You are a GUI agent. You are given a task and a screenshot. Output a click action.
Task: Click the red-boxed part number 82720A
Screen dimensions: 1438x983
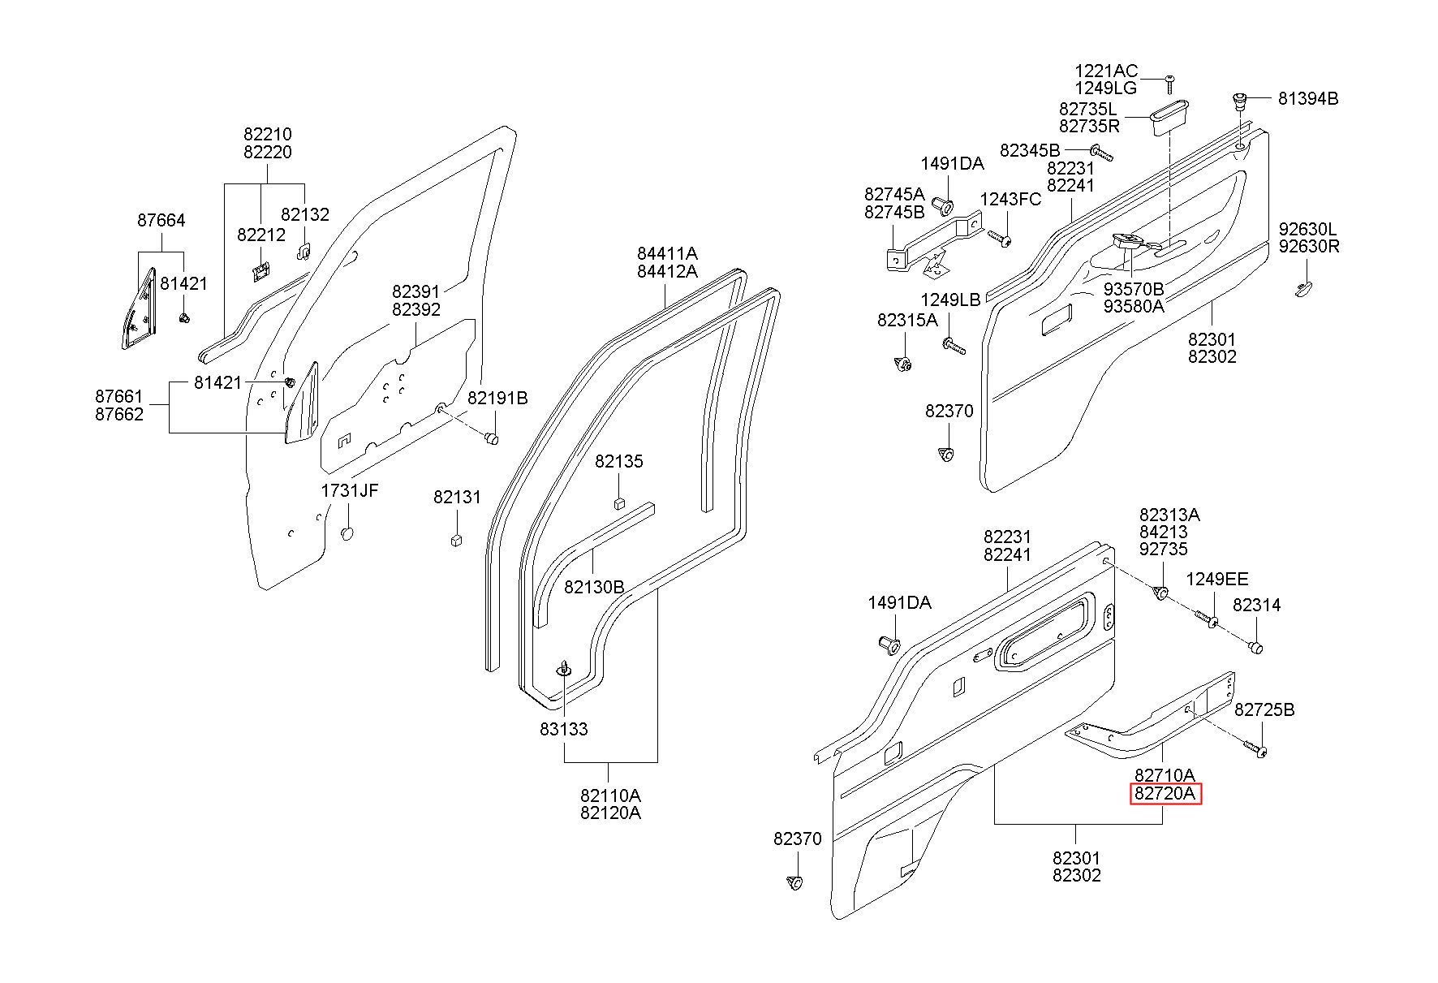point(1165,794)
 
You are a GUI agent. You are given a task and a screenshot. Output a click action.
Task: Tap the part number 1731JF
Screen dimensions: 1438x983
point(349,490)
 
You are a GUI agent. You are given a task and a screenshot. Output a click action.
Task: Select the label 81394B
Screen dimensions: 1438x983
point(1308,99)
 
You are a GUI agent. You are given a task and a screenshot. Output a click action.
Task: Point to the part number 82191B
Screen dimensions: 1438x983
point(497,398)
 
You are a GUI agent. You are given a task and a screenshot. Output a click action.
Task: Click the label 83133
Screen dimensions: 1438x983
point(564,729)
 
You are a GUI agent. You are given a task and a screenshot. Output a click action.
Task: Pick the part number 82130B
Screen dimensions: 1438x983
point(594,586)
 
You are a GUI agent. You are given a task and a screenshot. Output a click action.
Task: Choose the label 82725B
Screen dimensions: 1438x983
point(1264,710)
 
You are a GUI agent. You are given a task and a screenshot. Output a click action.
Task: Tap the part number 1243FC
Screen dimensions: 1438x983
point(1010,200)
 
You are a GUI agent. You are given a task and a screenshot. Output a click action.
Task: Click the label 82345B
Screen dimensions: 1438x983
point(1030,150)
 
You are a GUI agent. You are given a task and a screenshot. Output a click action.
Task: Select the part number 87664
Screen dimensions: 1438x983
point(161,220)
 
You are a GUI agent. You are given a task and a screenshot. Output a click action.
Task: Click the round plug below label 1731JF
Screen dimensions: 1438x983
point(347,533)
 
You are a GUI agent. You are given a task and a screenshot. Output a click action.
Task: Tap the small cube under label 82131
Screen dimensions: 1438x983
point(456,539)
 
